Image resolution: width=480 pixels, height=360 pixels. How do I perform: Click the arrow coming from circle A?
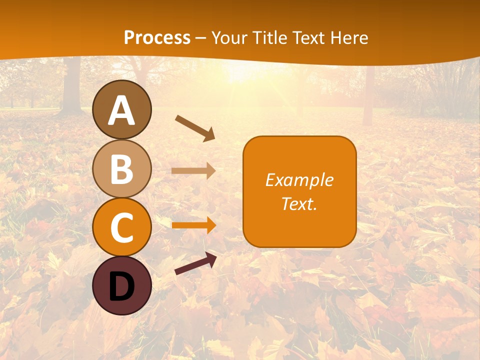[x=195, y=128]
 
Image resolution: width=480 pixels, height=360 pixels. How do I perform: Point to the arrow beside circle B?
[x=193, y=171]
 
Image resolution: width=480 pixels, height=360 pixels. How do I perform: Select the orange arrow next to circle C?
[x=193, y=225]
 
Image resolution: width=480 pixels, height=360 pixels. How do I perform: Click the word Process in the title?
[x=157, y=37]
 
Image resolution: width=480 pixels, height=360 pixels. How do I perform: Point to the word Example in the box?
[x=299, y=180]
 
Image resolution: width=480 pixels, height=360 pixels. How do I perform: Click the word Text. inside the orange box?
[x=299, y=203]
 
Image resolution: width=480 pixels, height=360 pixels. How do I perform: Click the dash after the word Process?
[x=201, y=38]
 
